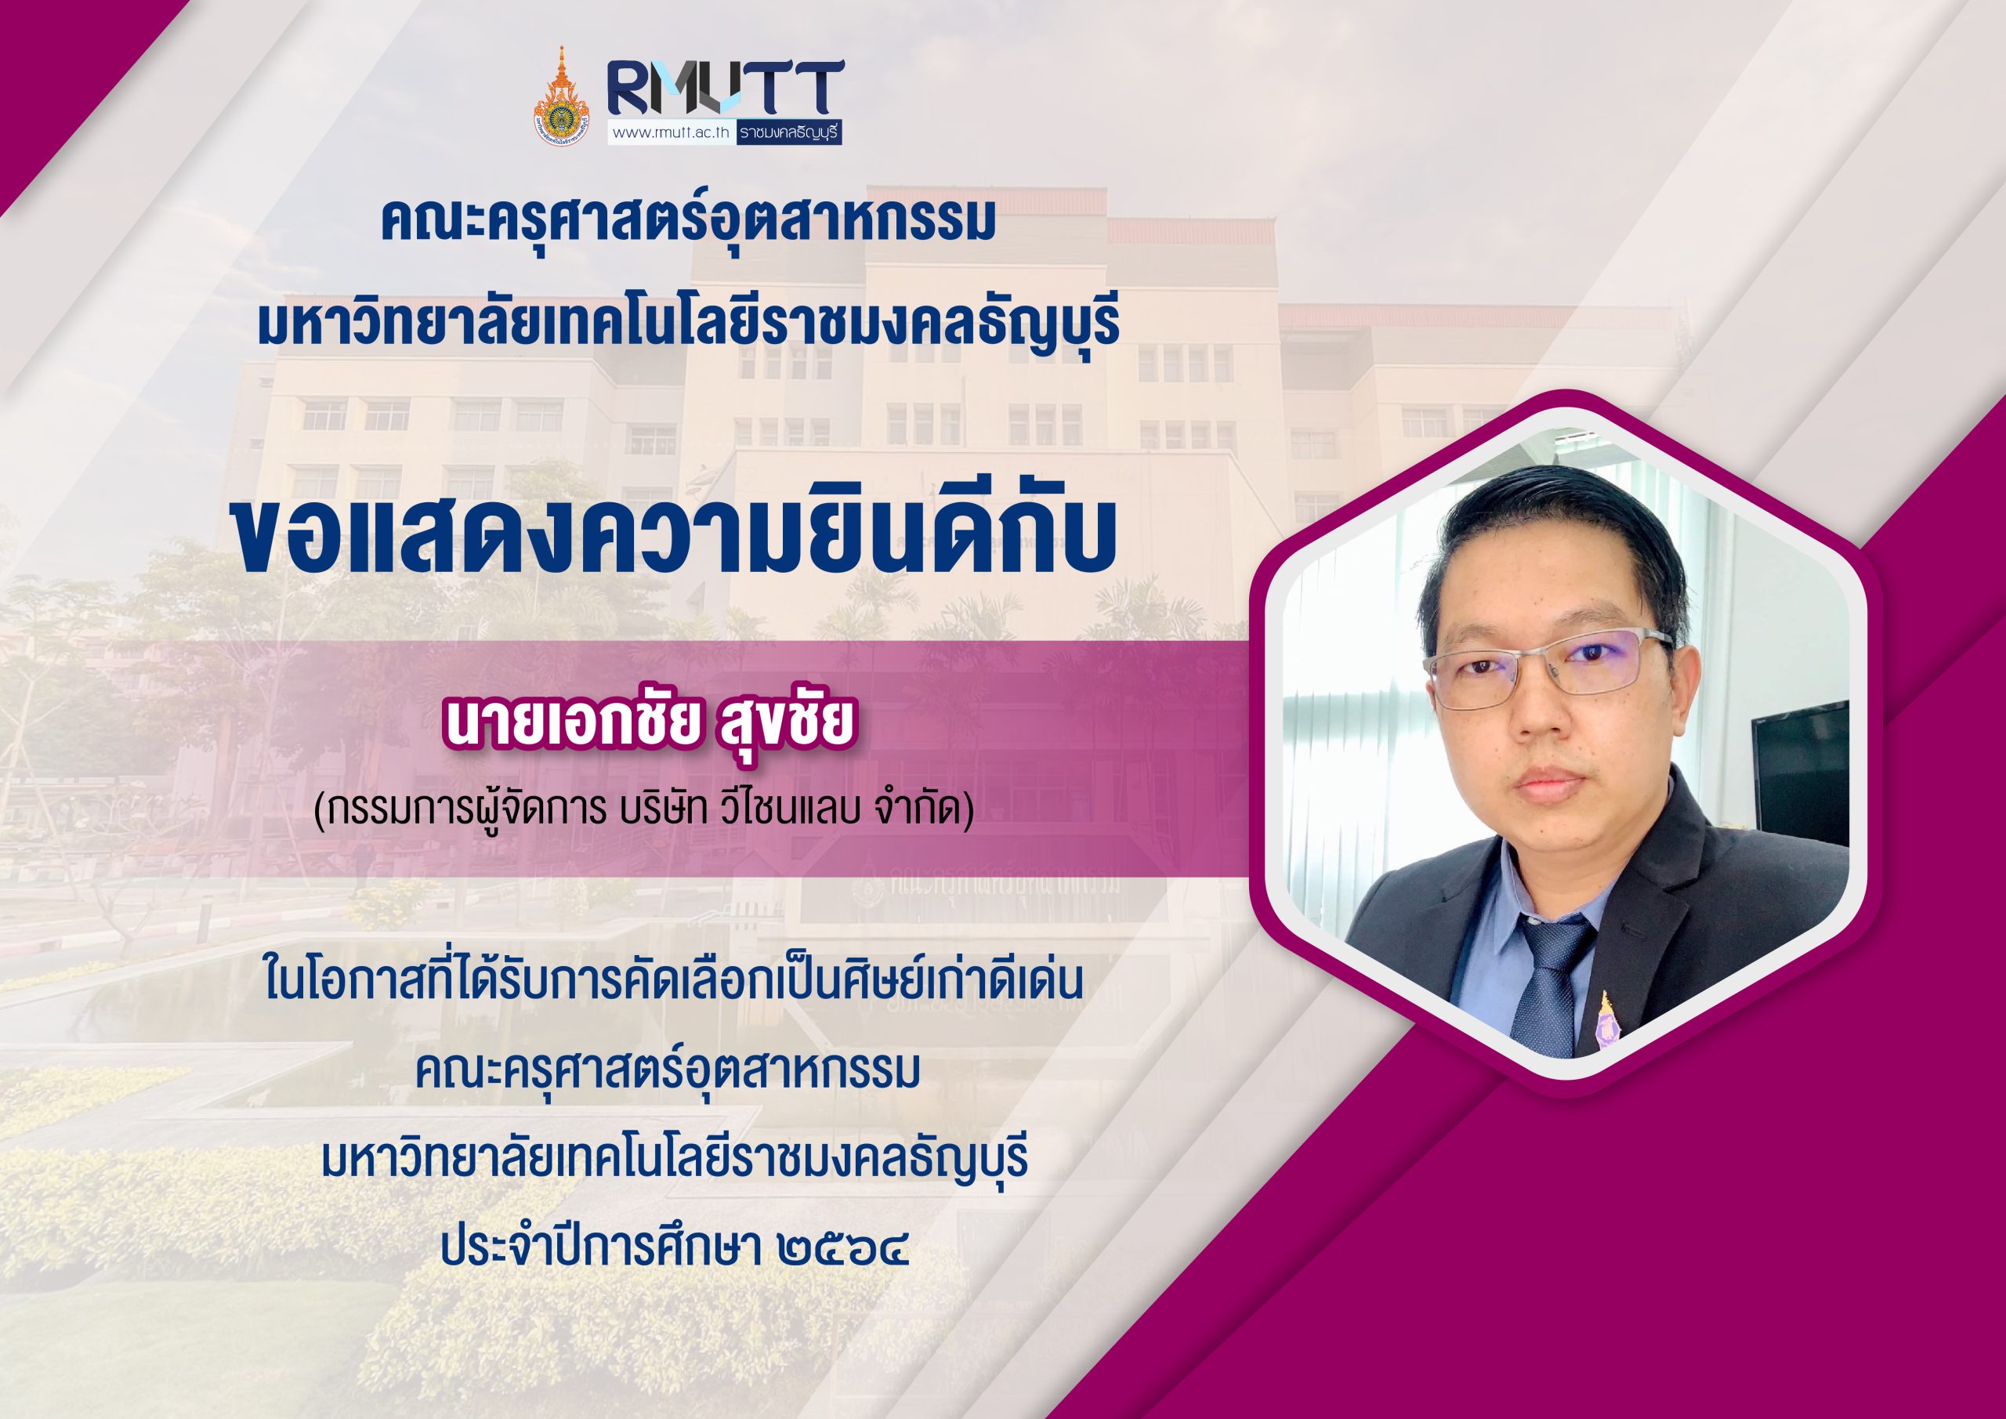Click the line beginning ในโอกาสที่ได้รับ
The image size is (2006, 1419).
tap(673, 979)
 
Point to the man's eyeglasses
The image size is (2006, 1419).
tap(1548, 668)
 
